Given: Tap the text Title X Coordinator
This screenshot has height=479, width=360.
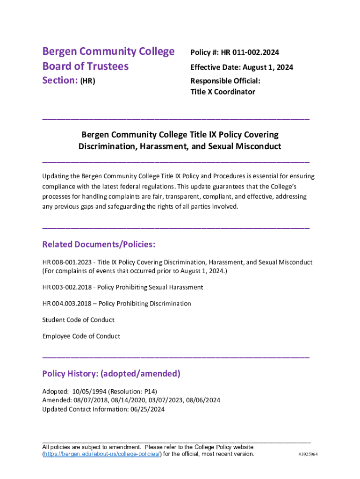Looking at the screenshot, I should pos(223,92).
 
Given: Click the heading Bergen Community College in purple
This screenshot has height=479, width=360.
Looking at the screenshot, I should pos(108,51).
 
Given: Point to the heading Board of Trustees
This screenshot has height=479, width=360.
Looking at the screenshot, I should pos(85,66).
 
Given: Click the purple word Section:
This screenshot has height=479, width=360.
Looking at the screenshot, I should pos(60,80).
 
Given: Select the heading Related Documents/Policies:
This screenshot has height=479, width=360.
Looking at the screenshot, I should pos(99,245).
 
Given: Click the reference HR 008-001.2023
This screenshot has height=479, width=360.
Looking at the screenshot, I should pos(66,262).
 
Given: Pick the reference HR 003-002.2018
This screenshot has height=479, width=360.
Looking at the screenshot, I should pos(66,287).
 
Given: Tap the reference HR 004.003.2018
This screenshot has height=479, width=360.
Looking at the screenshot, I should pos(66,304).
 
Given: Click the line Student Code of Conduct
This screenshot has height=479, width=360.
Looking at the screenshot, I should pos(78,320).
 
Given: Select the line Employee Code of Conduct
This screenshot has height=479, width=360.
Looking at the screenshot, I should pos(81,336).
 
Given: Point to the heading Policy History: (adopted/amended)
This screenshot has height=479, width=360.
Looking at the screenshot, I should pos(111,374).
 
